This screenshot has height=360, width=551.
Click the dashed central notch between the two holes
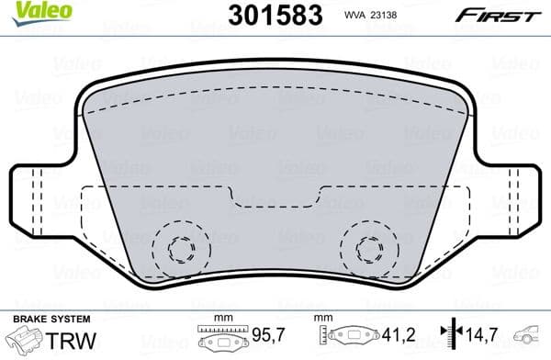pyautogui.click(x=275, y=197)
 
